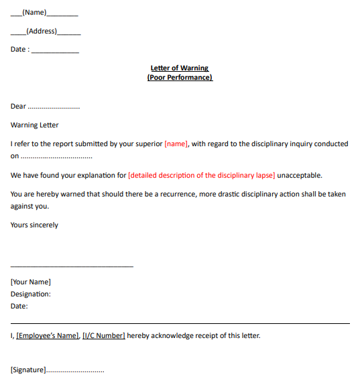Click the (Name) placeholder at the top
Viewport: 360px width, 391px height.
click(34, 12)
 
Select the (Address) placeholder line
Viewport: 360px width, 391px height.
click(42, 31)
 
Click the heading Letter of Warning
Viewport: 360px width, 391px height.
click(180, 68)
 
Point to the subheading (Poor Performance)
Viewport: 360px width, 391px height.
click(180, 77)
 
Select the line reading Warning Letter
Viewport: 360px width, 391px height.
click(35, 125)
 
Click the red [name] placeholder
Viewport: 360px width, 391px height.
click(176, 144)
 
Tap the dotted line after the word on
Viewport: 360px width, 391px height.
click(56, 156)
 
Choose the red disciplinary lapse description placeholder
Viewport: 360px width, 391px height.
click(201, 175)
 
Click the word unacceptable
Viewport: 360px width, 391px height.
click(300, 175)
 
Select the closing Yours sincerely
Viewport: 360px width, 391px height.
click(34, 225)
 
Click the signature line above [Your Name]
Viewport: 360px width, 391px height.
click(72, 267)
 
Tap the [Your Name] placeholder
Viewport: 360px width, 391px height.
click(31, 282)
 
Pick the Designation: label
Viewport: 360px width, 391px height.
click(31, 294)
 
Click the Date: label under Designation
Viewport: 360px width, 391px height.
click(19, 306)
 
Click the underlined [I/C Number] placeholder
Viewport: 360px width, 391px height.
click(103, 335)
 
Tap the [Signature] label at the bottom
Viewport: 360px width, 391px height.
click(28, 370)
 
